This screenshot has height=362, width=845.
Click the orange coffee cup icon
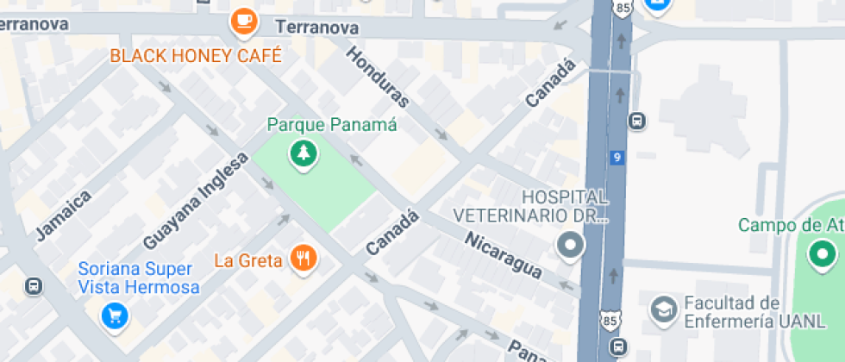click(244, 21)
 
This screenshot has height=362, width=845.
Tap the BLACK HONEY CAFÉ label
click(196, 56)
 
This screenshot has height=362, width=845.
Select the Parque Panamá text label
click(332, 125)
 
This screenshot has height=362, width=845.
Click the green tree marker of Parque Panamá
click(303, 154)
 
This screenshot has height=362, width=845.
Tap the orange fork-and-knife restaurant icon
click(303, 258)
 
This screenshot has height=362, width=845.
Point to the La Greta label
click(248, 259)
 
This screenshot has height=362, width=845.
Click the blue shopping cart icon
click(114, 316)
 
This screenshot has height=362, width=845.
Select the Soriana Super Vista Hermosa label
click(138, 278)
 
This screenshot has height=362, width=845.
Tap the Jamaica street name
click(64, 214)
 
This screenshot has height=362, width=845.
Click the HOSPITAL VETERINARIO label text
click(531, 206)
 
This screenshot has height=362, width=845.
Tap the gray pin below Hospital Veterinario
click(570, 247)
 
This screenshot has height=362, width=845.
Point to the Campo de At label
click(791, 225)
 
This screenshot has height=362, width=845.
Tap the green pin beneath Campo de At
click(822, 254)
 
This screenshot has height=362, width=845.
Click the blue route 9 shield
click(616, 158)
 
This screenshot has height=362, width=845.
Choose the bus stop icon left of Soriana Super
click(34, 285)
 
